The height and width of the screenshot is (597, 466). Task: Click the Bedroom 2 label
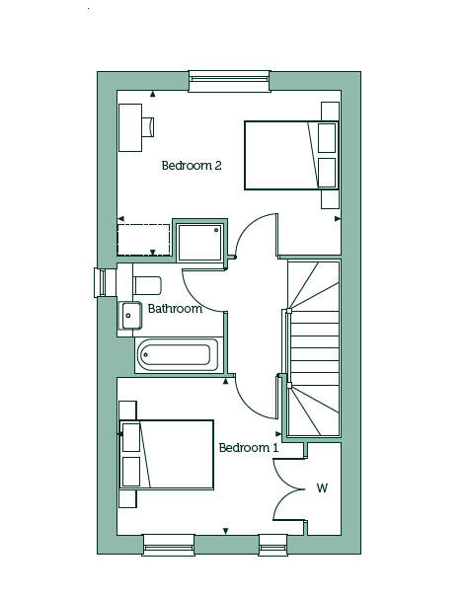(x=192, y=166)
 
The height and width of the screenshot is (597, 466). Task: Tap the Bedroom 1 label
(x=249, y=448)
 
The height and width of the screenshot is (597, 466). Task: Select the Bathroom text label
(x=175, y=309)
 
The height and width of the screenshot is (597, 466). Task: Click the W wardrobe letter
(x=322, y=487)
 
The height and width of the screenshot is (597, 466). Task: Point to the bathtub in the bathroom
(x=177, y=354)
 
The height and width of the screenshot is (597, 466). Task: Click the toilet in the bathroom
(x=147, y=285)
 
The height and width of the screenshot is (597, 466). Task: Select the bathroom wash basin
(x=130, y=316)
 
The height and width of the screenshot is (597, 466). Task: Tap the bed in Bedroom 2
(x=291, y=155)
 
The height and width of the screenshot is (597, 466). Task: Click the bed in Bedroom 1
(x=167, y=455)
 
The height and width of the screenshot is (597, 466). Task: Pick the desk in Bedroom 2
(x=130, y=127)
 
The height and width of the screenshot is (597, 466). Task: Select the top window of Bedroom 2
(x=229, y=81)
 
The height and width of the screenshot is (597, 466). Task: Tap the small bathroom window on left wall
(x=101, y=282)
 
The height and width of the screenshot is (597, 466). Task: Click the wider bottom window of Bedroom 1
(x=169, y=545)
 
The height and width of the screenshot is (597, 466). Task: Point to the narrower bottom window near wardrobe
(x=272, y=545)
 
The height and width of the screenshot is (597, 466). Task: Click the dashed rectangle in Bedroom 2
(x=143, y=240)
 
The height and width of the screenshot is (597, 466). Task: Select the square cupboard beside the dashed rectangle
(x=200, y=242)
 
